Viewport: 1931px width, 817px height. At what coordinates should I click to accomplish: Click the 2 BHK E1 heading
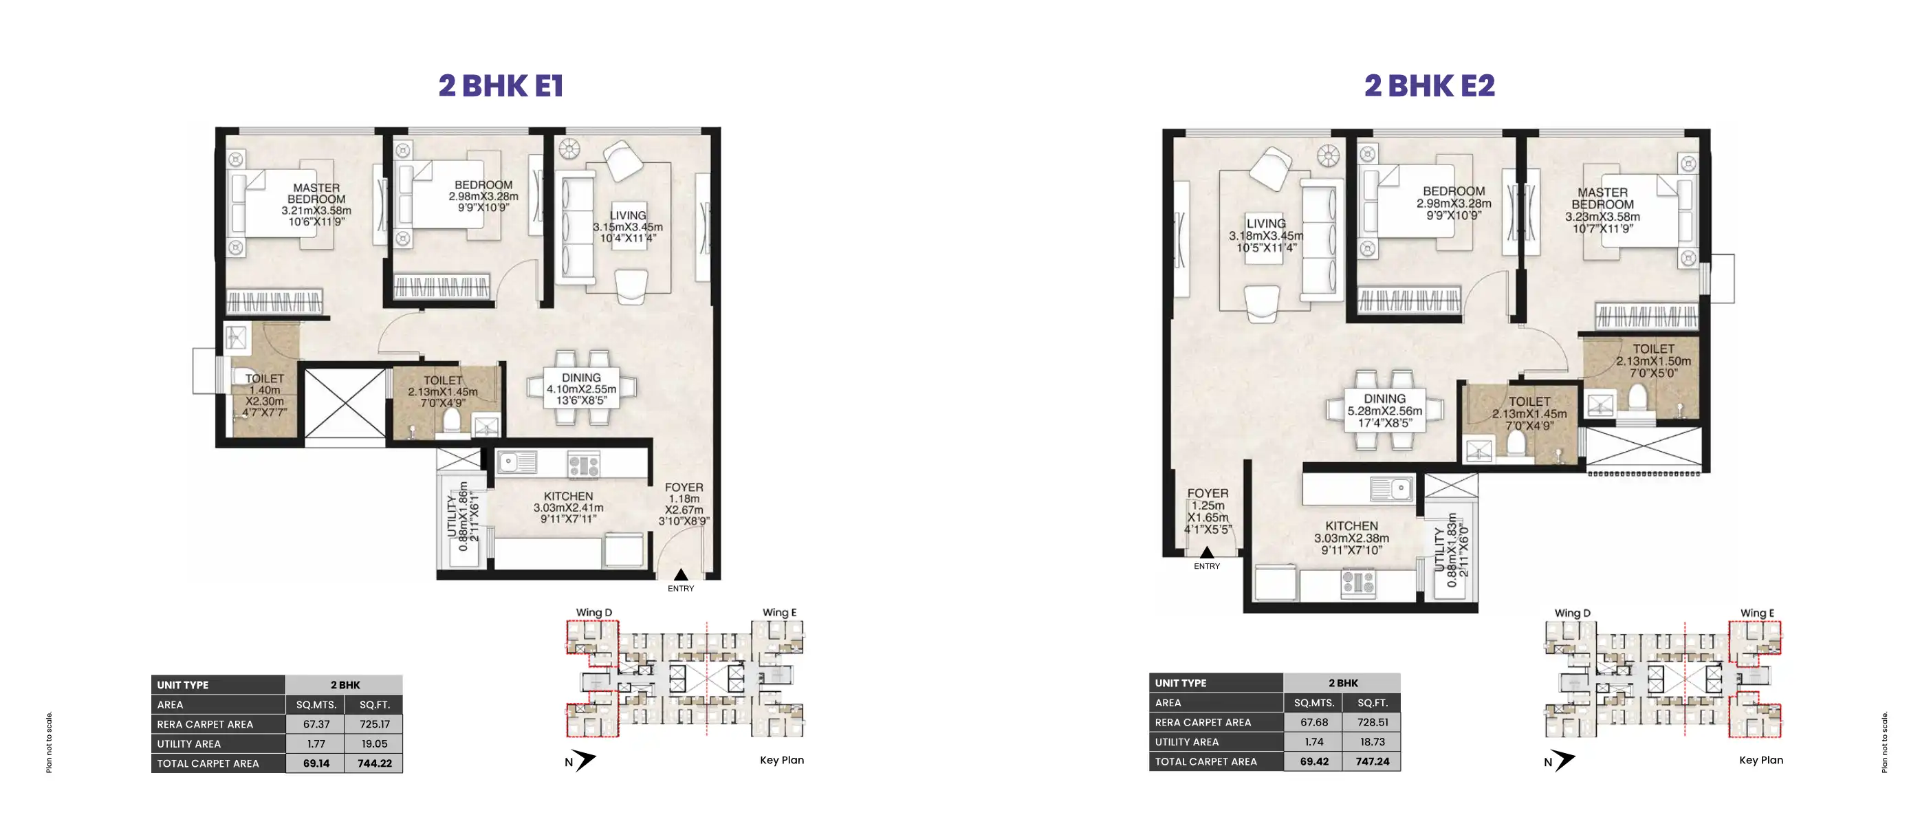coord(501,85)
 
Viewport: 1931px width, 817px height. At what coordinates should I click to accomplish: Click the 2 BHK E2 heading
coord(1430,85)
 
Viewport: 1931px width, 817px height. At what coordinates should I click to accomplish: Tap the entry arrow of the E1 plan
coord(681,575)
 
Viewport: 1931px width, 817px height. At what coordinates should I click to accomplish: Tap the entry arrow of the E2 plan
coord(1207,552)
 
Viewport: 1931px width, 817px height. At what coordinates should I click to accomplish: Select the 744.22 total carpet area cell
coord(374,763)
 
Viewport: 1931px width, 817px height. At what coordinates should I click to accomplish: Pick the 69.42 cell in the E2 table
coord(1314,761)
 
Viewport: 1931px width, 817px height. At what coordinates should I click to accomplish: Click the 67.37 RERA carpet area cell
coord(316,724)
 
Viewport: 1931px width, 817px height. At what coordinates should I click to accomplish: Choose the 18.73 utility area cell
coord(1373,741)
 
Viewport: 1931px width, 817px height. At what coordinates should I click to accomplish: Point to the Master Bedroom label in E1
coord(316,193)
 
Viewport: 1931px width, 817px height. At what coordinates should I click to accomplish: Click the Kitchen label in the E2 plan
coord(1351,526)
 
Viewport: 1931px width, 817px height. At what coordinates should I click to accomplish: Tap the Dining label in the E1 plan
coord(581,378)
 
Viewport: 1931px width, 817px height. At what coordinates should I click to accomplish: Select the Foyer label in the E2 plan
coord(1208,493)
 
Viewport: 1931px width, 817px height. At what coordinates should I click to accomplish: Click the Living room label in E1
coord(627,215)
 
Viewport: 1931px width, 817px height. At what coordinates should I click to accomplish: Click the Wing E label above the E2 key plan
coord(1757,613)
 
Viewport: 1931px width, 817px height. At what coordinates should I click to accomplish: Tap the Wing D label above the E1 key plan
coord(593,612)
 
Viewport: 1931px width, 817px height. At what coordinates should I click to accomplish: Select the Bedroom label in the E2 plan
coord(1454,191)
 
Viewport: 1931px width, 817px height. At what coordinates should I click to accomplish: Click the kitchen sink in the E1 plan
coord(516,462)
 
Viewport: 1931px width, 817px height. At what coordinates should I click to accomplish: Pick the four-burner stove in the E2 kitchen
coord(1357,582)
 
